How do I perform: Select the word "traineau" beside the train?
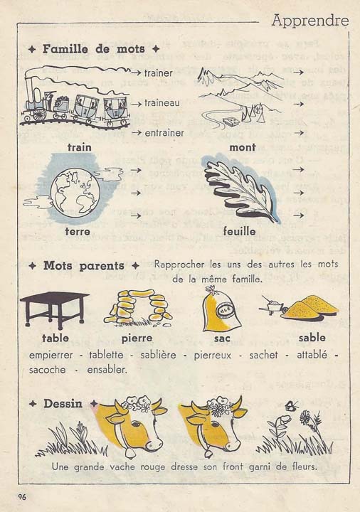coord(162,102)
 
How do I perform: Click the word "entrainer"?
coord(164,132)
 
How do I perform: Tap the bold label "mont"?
coord(243,147)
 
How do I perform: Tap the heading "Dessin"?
coord(63,403)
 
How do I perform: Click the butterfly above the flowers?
coord(291,405)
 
